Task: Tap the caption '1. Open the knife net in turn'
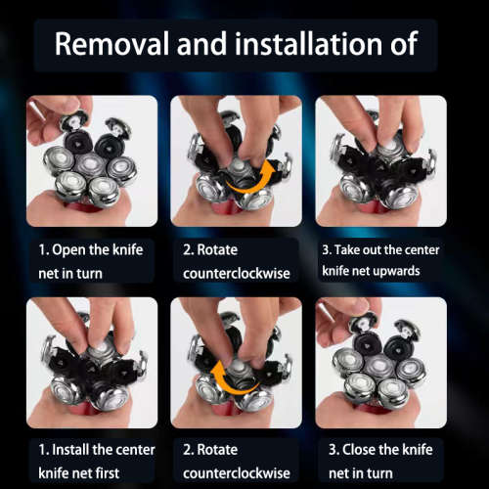coord(91,260)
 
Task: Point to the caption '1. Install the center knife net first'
coord(91,462)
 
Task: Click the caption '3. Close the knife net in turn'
coord(379,462)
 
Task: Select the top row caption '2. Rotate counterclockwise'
coord(236,260)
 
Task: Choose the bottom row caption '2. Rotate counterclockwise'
coord(236,462)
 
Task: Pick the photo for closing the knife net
coord(380,362)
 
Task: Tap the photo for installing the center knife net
coord(91,362)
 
